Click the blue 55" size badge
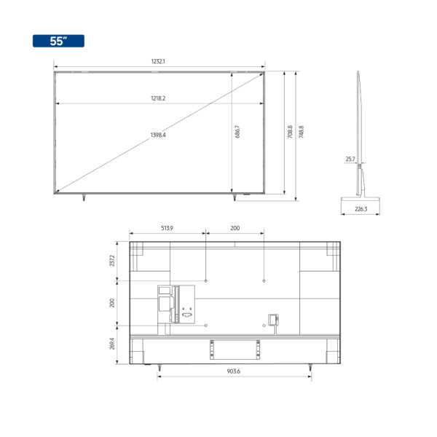(58, 41)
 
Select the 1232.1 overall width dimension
(158, 61)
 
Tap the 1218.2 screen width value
(158, 98)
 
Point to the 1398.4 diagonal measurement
(158, 135)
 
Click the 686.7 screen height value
(237, 132)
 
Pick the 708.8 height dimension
(290, 132)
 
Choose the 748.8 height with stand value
(301, 132)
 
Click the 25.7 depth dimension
(350, 159)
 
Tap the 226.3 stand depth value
(361, 209)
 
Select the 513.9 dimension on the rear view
(167, 228)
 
